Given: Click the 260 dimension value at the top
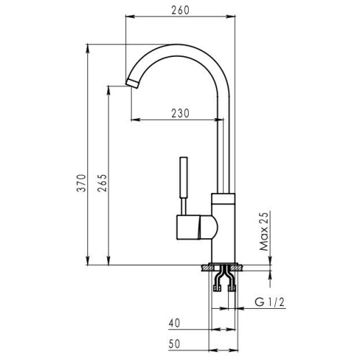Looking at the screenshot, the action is click(180, 10).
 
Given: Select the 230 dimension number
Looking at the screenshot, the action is click(180, 113).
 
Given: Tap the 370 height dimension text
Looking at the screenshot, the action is click(81, 183).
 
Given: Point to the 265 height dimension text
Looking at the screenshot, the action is click(102, 183).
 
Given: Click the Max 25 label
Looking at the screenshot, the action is click(264, 231).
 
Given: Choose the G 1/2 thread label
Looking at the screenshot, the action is click(269, 302).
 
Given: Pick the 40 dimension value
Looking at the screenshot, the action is click(174, 323).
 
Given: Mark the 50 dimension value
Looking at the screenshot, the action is click(174, 343).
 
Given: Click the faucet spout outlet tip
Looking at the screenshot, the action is click(132, 83).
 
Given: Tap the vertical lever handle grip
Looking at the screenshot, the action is click(184, 178).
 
